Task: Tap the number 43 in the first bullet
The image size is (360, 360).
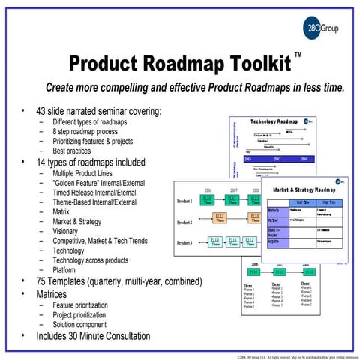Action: [42, 110]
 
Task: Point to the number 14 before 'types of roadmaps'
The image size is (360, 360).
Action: [42, 161]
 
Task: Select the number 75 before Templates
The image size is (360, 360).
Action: [42, 281]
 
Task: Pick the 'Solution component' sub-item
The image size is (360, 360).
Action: [85, 324]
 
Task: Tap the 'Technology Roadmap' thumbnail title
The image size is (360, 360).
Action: [274, 121]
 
